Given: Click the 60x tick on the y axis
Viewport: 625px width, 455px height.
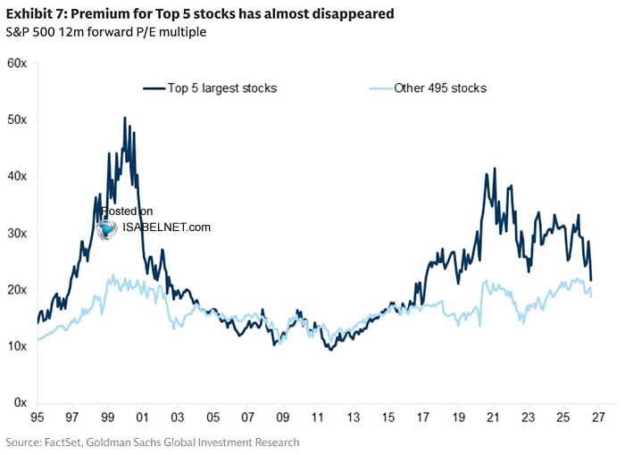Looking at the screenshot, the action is pos(17,63).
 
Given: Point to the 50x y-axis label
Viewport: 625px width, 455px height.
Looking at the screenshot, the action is pos(17,120).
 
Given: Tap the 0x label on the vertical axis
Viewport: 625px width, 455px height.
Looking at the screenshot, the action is pos(21,402).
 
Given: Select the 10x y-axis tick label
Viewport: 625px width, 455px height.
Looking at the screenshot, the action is pos(17,346).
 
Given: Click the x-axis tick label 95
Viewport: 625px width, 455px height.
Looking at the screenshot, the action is pos(37,418).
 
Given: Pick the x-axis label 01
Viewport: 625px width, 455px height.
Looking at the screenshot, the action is pos(142,418).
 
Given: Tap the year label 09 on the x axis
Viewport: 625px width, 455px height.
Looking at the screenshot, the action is pos(283,418).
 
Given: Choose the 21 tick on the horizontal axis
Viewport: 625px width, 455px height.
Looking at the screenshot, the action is pos(493,418).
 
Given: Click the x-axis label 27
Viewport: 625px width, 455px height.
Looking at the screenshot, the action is pos(598,418).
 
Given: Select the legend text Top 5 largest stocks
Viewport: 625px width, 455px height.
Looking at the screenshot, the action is pos(222,88).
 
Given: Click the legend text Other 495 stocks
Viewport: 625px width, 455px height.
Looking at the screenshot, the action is pos(440,88).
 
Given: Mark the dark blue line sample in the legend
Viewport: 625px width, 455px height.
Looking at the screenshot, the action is pos(154,88).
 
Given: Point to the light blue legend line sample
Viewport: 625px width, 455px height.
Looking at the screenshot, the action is pos(381,88).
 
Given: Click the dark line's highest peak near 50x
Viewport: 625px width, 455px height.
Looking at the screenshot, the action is pos(125,118).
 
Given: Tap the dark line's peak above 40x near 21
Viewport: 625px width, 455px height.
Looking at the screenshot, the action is pos(495,168).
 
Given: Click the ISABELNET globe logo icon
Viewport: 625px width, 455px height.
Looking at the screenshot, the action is pos(107,229).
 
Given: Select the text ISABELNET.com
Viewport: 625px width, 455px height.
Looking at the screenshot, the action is pos(166,227).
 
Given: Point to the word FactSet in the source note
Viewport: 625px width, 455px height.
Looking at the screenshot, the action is pos(62,443).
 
